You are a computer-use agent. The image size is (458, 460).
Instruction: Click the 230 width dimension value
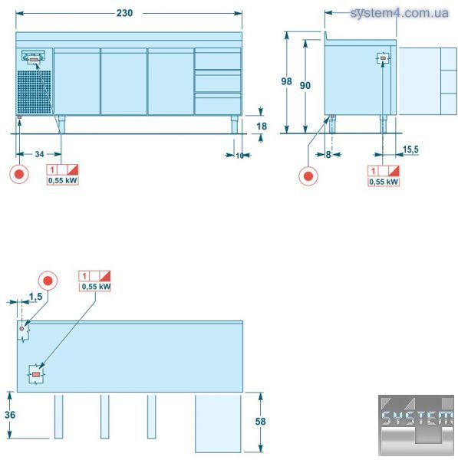(125, 13)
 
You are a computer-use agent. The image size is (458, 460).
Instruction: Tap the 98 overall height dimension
(286, 81)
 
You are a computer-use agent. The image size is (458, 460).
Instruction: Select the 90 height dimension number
(305, 85)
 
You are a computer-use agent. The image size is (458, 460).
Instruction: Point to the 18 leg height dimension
(262, 127)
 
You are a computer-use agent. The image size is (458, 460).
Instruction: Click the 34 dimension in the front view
(39, 154)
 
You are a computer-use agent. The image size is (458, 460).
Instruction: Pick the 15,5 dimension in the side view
(410, 149)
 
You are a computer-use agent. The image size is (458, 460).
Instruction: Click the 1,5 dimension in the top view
(36, 297)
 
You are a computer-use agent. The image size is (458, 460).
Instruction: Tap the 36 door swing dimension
(10, 415)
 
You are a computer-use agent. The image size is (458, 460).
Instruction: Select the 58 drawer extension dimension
(260, 421)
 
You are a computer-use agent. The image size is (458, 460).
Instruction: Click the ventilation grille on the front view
(34, 92)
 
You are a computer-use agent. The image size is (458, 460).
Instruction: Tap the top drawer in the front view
(218, 59)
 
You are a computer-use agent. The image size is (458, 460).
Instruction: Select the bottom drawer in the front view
(218, 103)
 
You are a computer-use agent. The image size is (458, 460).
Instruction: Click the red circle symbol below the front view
(19, 174)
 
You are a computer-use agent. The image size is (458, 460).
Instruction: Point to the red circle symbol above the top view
(48, 281)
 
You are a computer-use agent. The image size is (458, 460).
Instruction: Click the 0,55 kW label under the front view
(63, 180)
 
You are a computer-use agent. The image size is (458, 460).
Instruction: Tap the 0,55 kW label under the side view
(384, 182)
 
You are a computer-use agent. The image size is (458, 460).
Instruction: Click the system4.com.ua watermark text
(399, 13)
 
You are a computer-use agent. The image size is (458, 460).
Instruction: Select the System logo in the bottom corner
(416, 425)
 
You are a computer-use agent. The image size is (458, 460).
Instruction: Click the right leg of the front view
(234, 124)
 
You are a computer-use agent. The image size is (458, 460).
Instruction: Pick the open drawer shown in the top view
(218, 423)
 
